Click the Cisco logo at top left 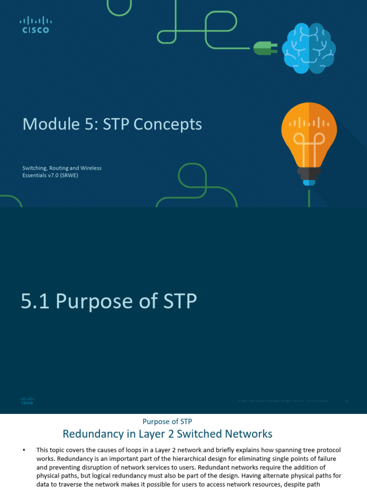pyautogui.click(x=35, y=25)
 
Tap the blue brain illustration pyautogui.click(x=308, y=48)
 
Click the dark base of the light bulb pyautogui.click(x=309, y=172)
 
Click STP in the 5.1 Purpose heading pyautogui.click(x=177, y=301)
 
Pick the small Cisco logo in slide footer pyautogui.click(x=27, y=401)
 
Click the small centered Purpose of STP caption pyautogui.click(x=167, y=422)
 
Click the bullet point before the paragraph pyautogui.click(x=24, y=450)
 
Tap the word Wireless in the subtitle pyautogui.click(x=90, y=168)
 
